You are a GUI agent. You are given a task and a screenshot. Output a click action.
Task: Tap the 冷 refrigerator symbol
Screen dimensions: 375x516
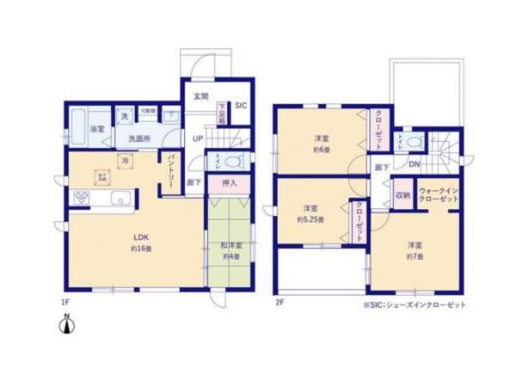pos(126,160)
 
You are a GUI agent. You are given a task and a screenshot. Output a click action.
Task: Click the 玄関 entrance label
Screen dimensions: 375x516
pos(200,95)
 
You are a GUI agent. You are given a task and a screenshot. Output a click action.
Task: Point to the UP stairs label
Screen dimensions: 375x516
pos(198,138)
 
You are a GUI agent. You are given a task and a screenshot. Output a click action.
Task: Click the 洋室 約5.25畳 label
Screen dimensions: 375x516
pos(312,213)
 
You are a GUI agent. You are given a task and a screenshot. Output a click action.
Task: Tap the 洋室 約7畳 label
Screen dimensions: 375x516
pos(415,251)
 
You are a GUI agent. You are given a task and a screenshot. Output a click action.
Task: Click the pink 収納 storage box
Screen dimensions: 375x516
pos(402,195)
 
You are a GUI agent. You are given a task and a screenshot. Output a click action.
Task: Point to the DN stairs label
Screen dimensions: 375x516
pos(414,164)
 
